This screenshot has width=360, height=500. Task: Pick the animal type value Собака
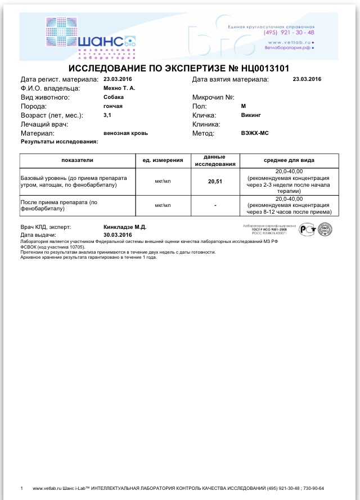pos(114,97)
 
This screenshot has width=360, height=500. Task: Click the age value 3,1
pos(107,115)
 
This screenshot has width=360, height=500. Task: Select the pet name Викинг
pos(251,115)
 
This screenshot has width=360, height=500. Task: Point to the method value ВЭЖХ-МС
pos(255,133)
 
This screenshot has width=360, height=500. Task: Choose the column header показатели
pos(78,160)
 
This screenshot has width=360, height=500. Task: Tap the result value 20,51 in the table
pos(215,181)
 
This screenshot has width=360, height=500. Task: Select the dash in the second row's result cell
pos(215,205)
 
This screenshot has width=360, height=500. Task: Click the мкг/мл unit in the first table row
pos(163,181)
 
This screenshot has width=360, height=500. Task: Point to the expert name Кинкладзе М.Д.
pos(125,227)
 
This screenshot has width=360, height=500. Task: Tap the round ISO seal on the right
pos(325,229)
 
